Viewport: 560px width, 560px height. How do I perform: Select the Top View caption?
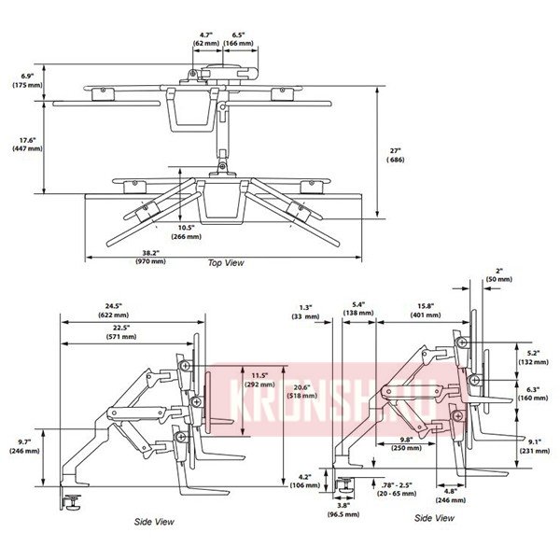[x=226, y=263]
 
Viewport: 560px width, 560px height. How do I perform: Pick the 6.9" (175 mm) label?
[x=28, y=80]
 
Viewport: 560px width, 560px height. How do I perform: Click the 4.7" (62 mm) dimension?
[x=205, y=38]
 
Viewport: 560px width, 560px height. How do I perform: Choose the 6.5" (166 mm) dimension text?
[x=240, y=38]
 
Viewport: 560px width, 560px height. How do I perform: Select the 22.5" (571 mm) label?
[x=121, y=332]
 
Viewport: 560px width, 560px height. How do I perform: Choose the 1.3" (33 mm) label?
[x=305, y=312]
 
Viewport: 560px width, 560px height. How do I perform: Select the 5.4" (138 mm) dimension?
[x=358, y=311]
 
